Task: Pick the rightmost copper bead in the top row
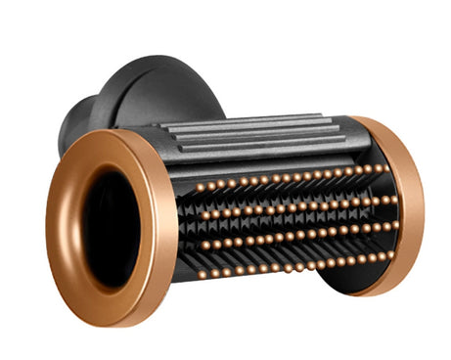coord(381,167)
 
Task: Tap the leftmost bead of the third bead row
coord(203,246)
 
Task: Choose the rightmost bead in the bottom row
coord(389,255)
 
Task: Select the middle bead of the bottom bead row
coord(295,266)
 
